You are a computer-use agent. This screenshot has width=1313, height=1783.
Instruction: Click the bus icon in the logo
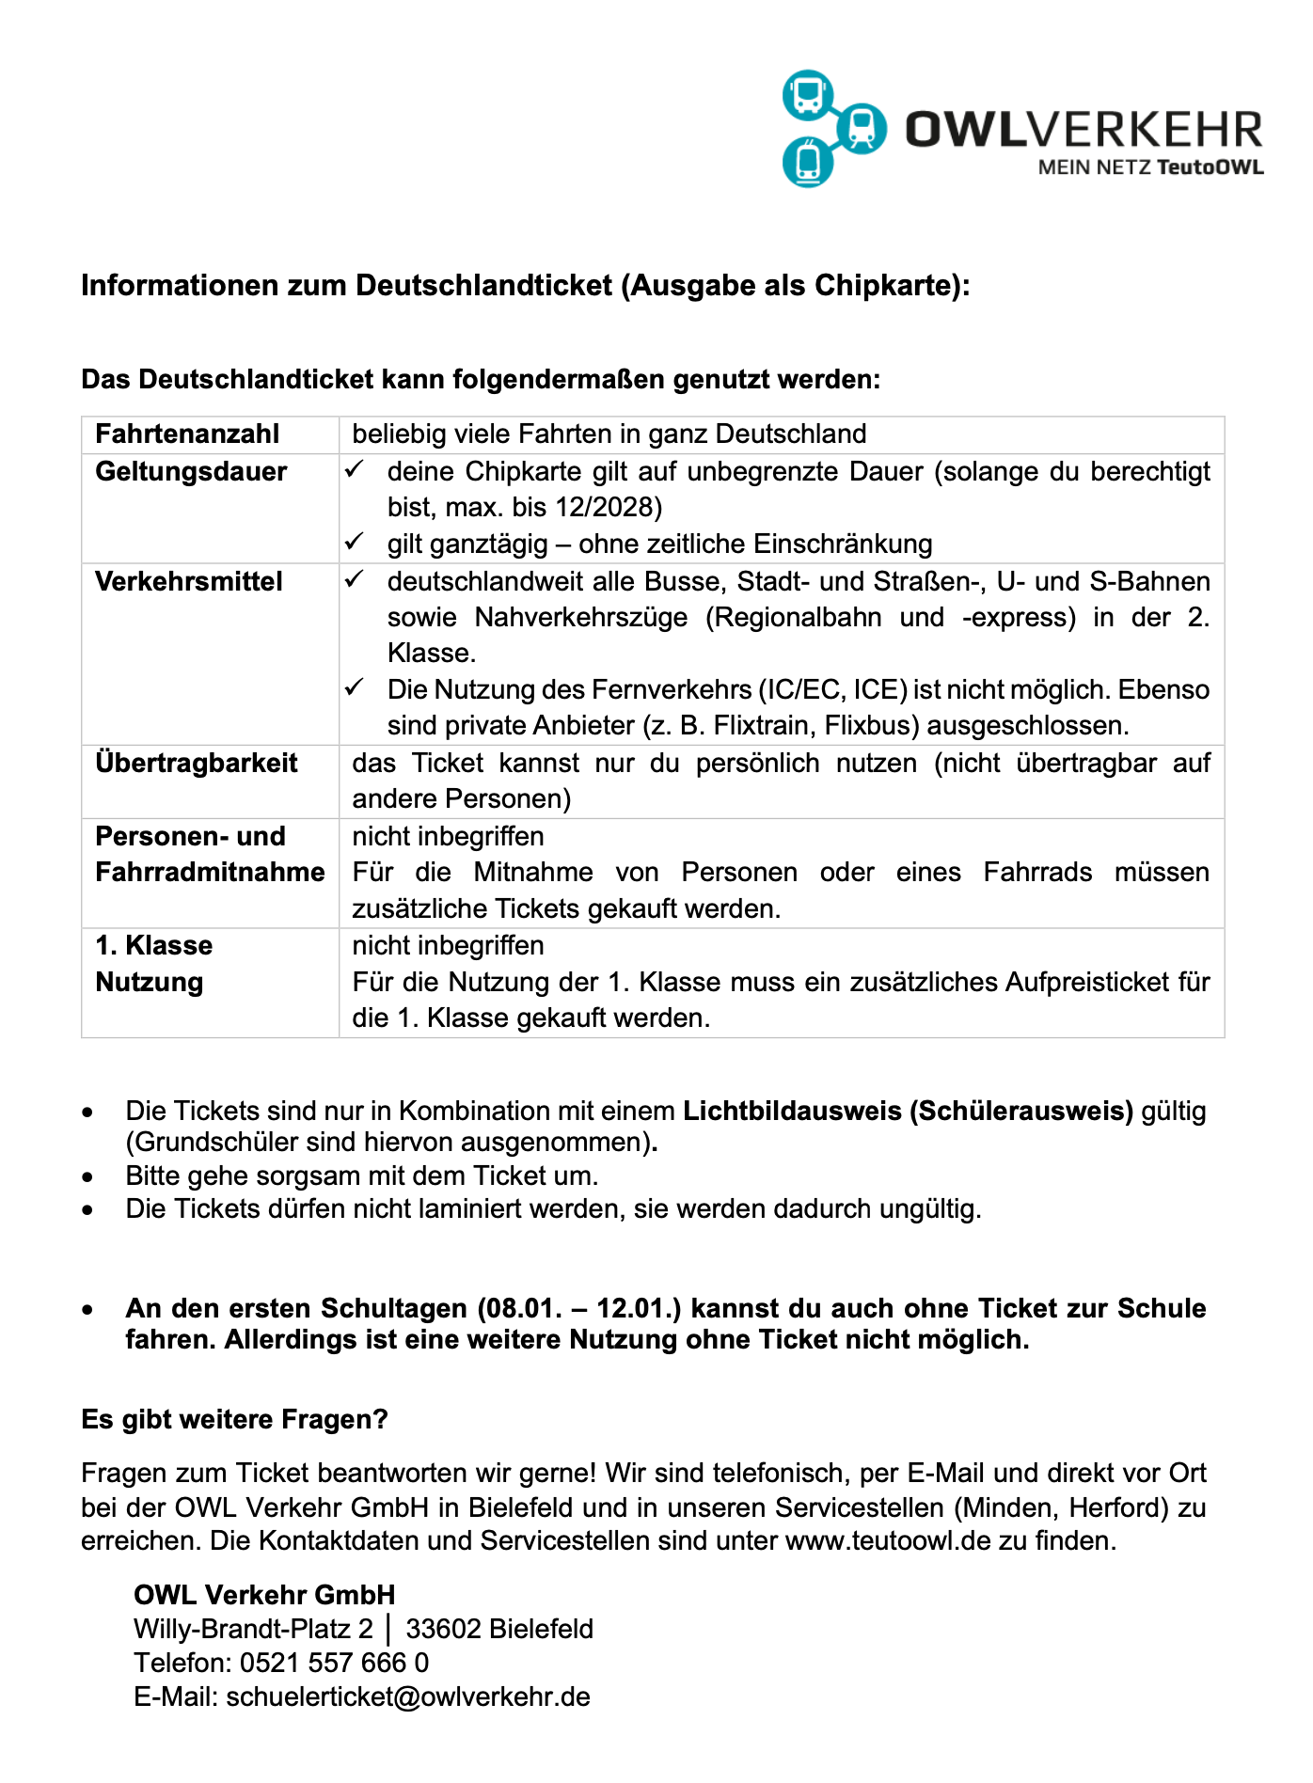point(808,95)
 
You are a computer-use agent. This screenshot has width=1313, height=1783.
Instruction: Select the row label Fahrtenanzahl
point(187,434)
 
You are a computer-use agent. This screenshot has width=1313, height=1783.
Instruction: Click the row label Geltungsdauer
point(191,471)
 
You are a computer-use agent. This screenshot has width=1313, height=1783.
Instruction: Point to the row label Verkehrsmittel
point(188,581)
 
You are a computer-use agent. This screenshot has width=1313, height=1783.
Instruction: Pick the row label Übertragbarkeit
point(196,763)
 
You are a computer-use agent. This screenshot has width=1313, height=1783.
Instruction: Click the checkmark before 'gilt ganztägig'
point(354,543)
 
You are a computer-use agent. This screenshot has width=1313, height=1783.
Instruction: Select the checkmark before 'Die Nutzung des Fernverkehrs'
point(354,688)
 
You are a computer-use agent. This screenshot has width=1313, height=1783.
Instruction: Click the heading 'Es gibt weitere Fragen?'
point(234,1419)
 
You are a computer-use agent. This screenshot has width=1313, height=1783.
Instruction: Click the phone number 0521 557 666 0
point(335,1663)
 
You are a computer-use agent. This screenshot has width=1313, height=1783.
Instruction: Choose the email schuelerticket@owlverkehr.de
point(408,1696)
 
